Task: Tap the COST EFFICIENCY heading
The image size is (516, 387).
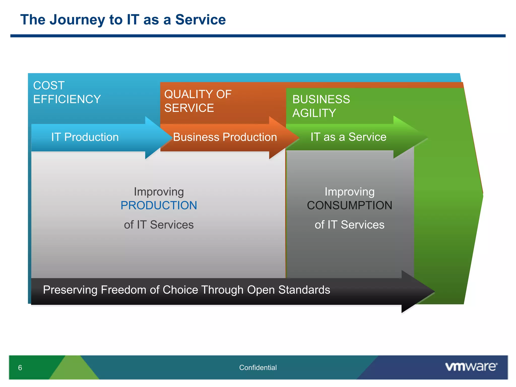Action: [67, 92]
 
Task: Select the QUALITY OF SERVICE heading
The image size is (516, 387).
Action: [198, 101]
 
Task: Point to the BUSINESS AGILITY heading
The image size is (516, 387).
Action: [321, 106]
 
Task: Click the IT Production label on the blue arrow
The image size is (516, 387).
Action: [85, 137]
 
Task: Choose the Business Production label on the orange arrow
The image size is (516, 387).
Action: [225, 137]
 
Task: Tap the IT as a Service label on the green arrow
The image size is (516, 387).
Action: [348, 137]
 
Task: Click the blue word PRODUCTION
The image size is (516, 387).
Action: [159, 205]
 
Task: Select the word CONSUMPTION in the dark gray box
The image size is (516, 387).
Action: [349, 205]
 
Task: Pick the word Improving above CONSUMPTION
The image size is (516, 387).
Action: [349, 192]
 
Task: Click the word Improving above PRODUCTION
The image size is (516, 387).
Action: [159, 192]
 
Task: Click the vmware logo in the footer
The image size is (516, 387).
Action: [471, 367]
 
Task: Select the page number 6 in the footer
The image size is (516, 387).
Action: [20, 368]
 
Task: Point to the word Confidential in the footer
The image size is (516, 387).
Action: [258, 368]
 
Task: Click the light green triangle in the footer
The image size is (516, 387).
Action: [74, 370]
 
